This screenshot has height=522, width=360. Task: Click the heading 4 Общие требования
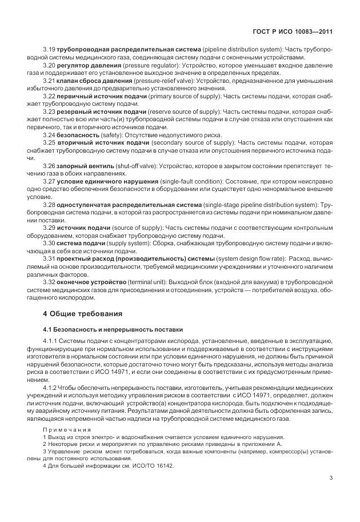click(x=82, y=313)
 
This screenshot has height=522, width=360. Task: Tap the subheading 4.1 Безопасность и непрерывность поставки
click(x=113, y=329)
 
